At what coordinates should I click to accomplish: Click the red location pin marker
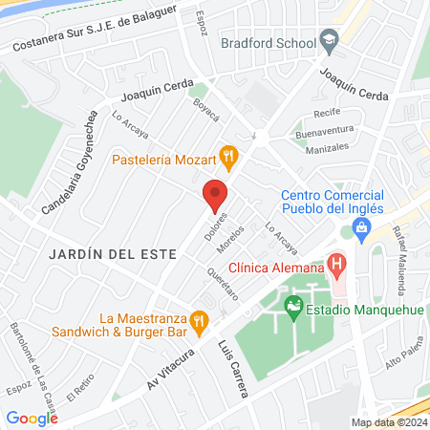pyautogui.click(x=215, y=196)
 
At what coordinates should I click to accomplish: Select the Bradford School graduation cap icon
pyautogui.click(x=330, y=40)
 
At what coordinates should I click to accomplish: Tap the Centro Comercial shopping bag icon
pyautogui.click(x=361, y=227)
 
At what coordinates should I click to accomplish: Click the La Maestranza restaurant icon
pyautogui.click(x=199, y=321)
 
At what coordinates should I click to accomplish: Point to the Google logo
pyautogui.click(x=32, y=418)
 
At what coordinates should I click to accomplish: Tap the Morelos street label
pyautogui.click(x=237, y=242)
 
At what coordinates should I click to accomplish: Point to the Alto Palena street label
pyautogui.click(x=402, y=359)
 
